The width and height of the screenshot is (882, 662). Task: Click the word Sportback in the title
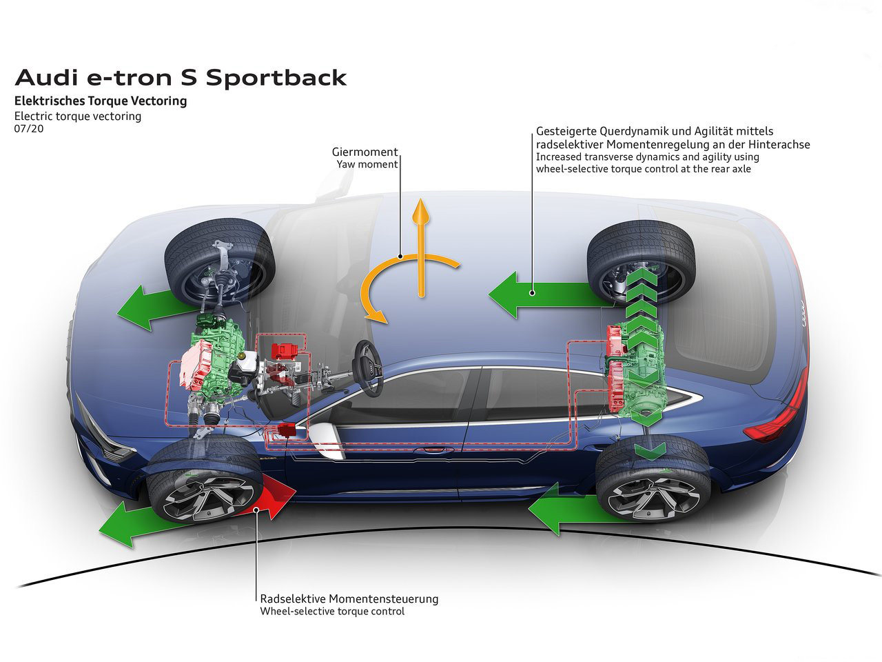tap(276, 78)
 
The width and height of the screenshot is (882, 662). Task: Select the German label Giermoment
tap(365, 152)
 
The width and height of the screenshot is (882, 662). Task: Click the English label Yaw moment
tap(367, 165)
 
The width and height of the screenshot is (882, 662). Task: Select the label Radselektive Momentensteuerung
tap(349, 599)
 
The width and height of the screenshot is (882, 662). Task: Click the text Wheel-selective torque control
tap(332, 612)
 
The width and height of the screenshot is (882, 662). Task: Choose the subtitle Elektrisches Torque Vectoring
tap(101, 101)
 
